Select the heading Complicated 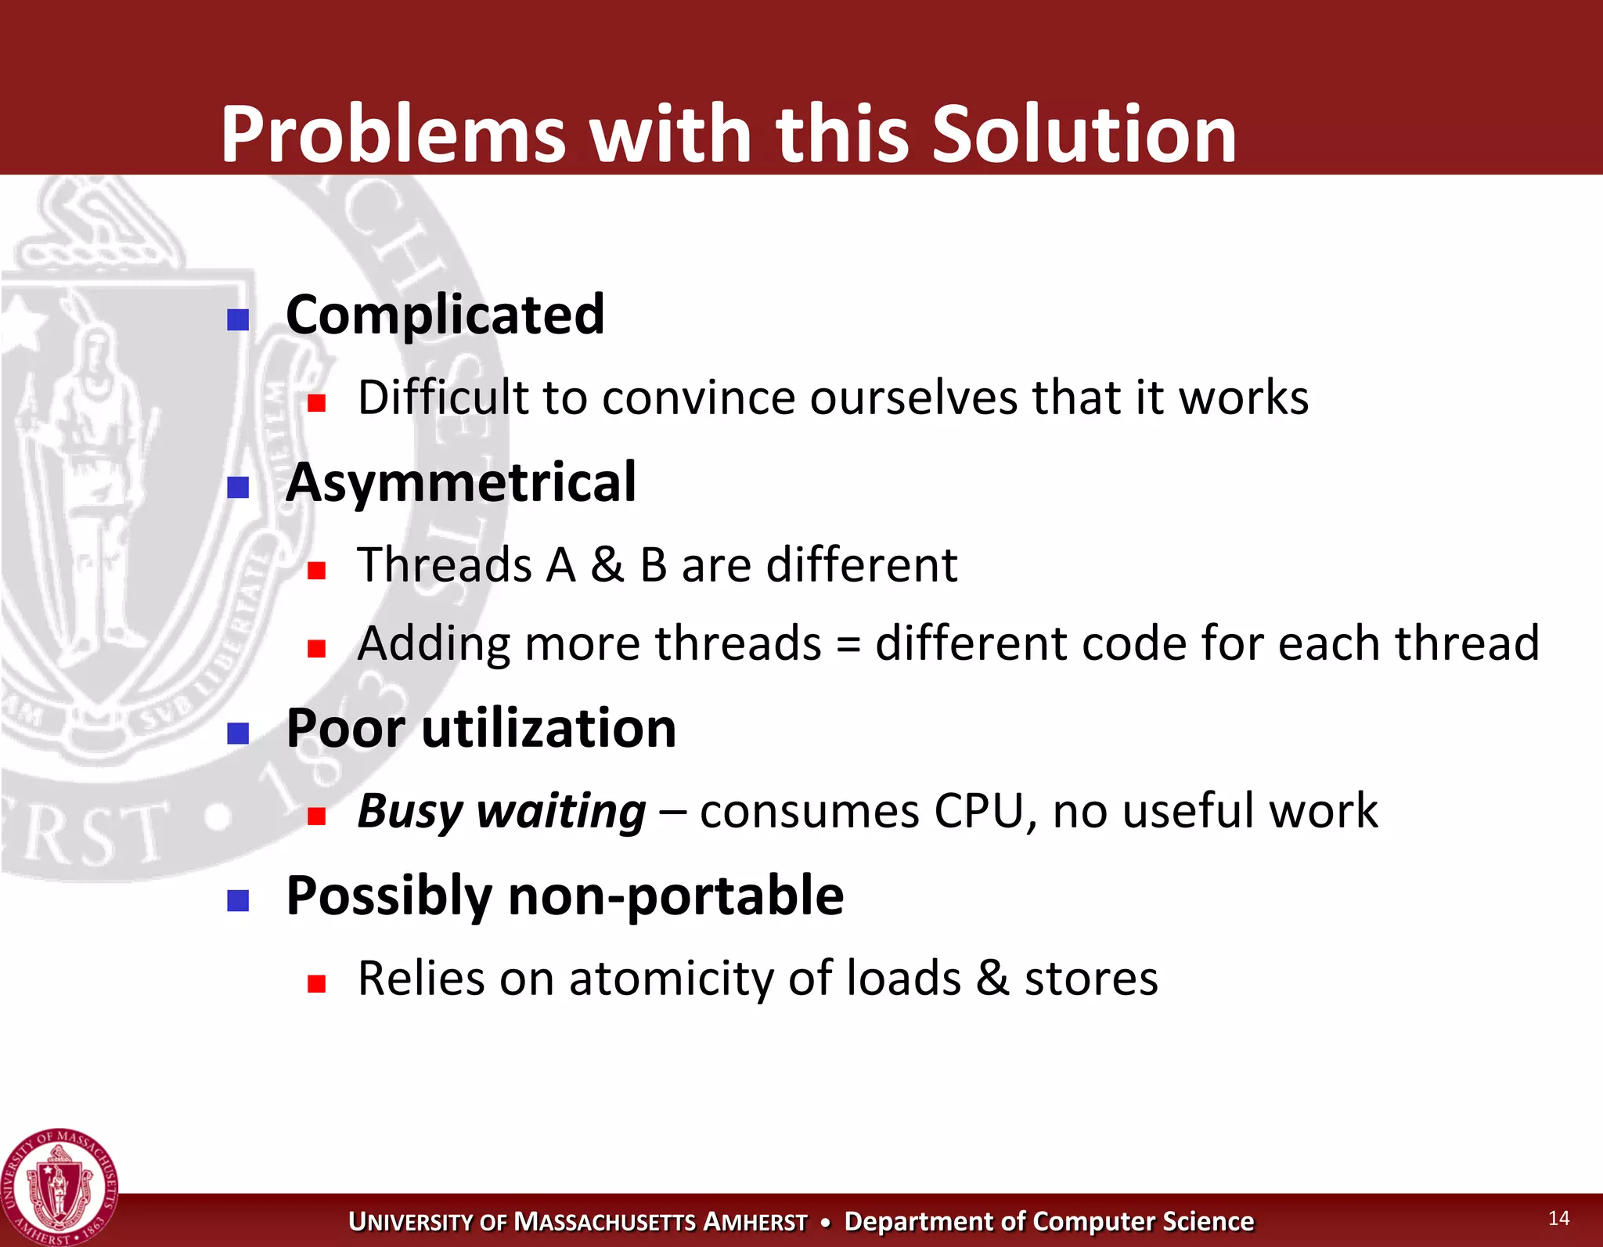(445, 315)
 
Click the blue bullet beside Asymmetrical (238, 488)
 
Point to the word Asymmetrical (461, 482)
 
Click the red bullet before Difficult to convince (316, 403)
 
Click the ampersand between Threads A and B (607, 564)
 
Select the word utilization (549, 729)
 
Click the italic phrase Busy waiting (502, 811)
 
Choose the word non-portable (675, 896)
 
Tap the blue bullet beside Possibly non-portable (238, 901)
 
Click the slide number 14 (1558, 1218)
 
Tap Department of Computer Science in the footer (1049, 1222)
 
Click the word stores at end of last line (1091, 978)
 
